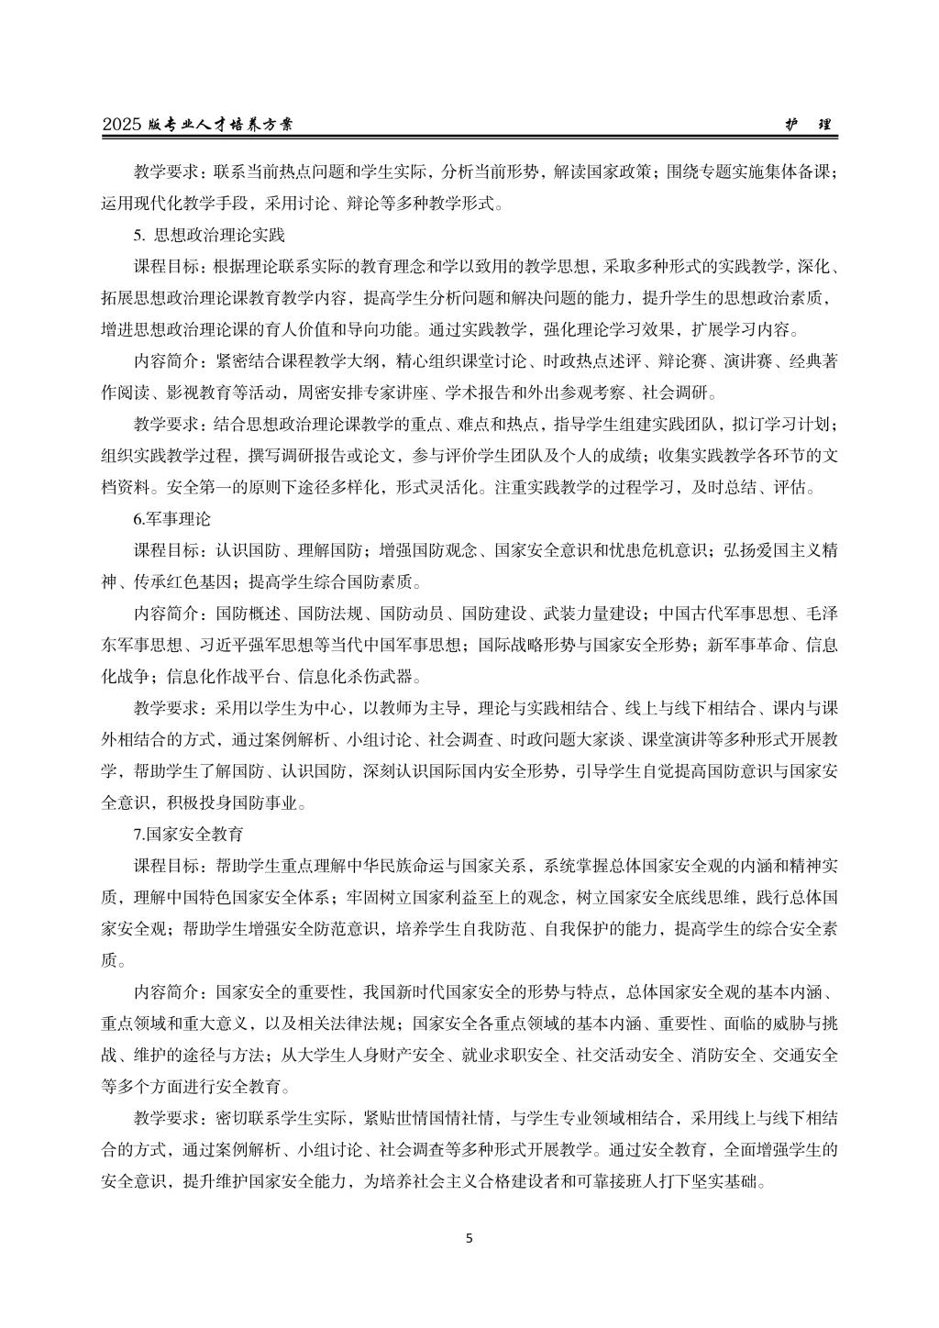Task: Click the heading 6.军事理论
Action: pyautogui.click(x=172, y=519)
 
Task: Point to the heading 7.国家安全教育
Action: pyautogui.click(x=188, y=835)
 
